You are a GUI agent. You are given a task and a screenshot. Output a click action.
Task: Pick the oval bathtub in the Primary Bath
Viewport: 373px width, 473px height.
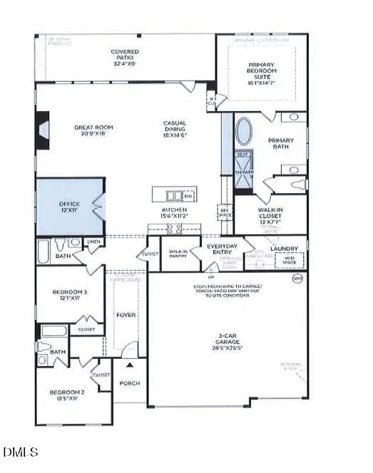pos(244,132)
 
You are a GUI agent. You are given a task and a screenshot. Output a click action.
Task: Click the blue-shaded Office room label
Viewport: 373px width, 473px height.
pos(69,207)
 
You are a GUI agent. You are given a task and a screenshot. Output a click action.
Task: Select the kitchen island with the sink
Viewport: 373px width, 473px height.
pos(173,195)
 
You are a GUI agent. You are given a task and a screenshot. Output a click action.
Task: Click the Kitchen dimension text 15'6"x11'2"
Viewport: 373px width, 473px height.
pos(174,217)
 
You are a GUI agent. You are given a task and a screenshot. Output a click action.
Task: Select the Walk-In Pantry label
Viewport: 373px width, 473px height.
pos(178,254)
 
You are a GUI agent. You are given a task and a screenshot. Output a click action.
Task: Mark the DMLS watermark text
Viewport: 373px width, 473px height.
pos(21,452)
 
